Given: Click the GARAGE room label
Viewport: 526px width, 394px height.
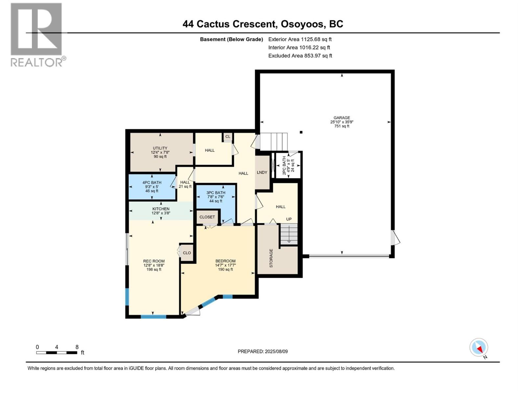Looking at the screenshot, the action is click(342, 118).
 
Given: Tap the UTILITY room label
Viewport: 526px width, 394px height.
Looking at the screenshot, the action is click(160, 148).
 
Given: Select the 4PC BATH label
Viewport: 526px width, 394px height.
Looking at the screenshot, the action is click(152, 183).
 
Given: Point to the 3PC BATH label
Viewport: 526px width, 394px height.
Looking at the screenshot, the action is click(216, 193).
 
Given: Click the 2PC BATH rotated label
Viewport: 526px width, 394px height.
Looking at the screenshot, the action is click(284, 165).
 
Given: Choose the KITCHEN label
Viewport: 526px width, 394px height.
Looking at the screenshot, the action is click(161, 209).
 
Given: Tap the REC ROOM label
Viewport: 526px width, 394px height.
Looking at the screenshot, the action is click(154, 261).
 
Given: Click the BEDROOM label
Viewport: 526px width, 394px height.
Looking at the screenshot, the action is click(225, 261).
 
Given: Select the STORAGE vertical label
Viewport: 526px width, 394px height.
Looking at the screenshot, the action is click(271, 258).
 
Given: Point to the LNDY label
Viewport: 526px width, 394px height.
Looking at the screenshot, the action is click(262, 172).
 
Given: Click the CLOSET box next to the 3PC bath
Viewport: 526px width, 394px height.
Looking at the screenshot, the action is click(207, 217).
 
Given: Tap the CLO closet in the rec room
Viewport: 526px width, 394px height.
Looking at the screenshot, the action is click(187, 253).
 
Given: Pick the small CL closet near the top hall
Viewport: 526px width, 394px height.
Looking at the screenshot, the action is click(227, 136).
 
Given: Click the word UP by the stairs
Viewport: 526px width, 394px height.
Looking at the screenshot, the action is click(289, 219).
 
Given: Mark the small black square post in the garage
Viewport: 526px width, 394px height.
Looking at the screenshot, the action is click(301, 132).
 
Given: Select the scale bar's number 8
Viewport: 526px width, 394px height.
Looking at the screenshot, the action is click(77, 347).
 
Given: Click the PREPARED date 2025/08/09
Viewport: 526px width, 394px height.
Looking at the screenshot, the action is click(276, 351).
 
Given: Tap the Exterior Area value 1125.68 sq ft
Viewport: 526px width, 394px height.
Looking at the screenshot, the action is click(316, 39).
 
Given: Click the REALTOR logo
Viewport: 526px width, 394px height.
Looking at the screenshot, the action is click(38, 35).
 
